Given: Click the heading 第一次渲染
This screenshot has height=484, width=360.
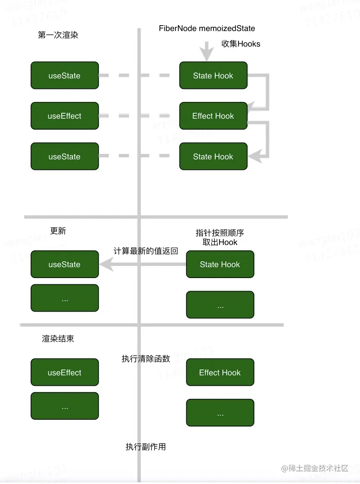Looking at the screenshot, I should click(x=58, y=35).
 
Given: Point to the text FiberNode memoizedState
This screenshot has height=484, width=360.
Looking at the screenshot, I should click(x=207, y=29).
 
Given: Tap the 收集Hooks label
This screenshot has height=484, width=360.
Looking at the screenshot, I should click(x=241, y=44).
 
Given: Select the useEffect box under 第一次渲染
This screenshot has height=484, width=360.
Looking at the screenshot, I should click(x=65, y=116).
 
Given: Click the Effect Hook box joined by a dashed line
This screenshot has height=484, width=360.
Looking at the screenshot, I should click(x=213, y=116).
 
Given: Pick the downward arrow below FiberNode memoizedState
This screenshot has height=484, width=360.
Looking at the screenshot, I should click(x=206, y=52).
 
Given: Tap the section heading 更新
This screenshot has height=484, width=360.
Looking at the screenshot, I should click(x=58, y=231).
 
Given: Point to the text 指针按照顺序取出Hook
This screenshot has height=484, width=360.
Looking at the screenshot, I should click(x=220, y=237).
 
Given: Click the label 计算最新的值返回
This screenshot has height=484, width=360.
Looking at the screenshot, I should click(x=146, y=251).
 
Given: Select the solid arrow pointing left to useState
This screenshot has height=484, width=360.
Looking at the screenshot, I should click(x=143, y=264).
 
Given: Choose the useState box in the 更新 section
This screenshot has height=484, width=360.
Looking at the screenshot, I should click(x=65, y=265).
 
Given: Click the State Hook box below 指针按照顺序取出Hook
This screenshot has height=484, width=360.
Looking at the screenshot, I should click(x=220, y=265).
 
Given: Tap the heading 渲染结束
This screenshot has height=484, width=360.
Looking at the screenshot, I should click(x=58, y=338).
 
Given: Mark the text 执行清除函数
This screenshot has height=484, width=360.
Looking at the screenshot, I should click(x=146, y=359).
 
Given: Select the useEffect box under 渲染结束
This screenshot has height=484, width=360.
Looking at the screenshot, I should click(x=65, y=372).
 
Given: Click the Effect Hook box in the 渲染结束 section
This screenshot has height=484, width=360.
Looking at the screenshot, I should click(x=220, y=372).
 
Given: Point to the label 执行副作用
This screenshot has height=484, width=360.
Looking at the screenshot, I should click(x=146, y=447).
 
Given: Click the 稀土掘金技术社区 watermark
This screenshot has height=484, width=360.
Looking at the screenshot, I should click(x=315, y=468).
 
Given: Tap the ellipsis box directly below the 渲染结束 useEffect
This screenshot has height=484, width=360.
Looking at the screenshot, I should click(x=65, y=406).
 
